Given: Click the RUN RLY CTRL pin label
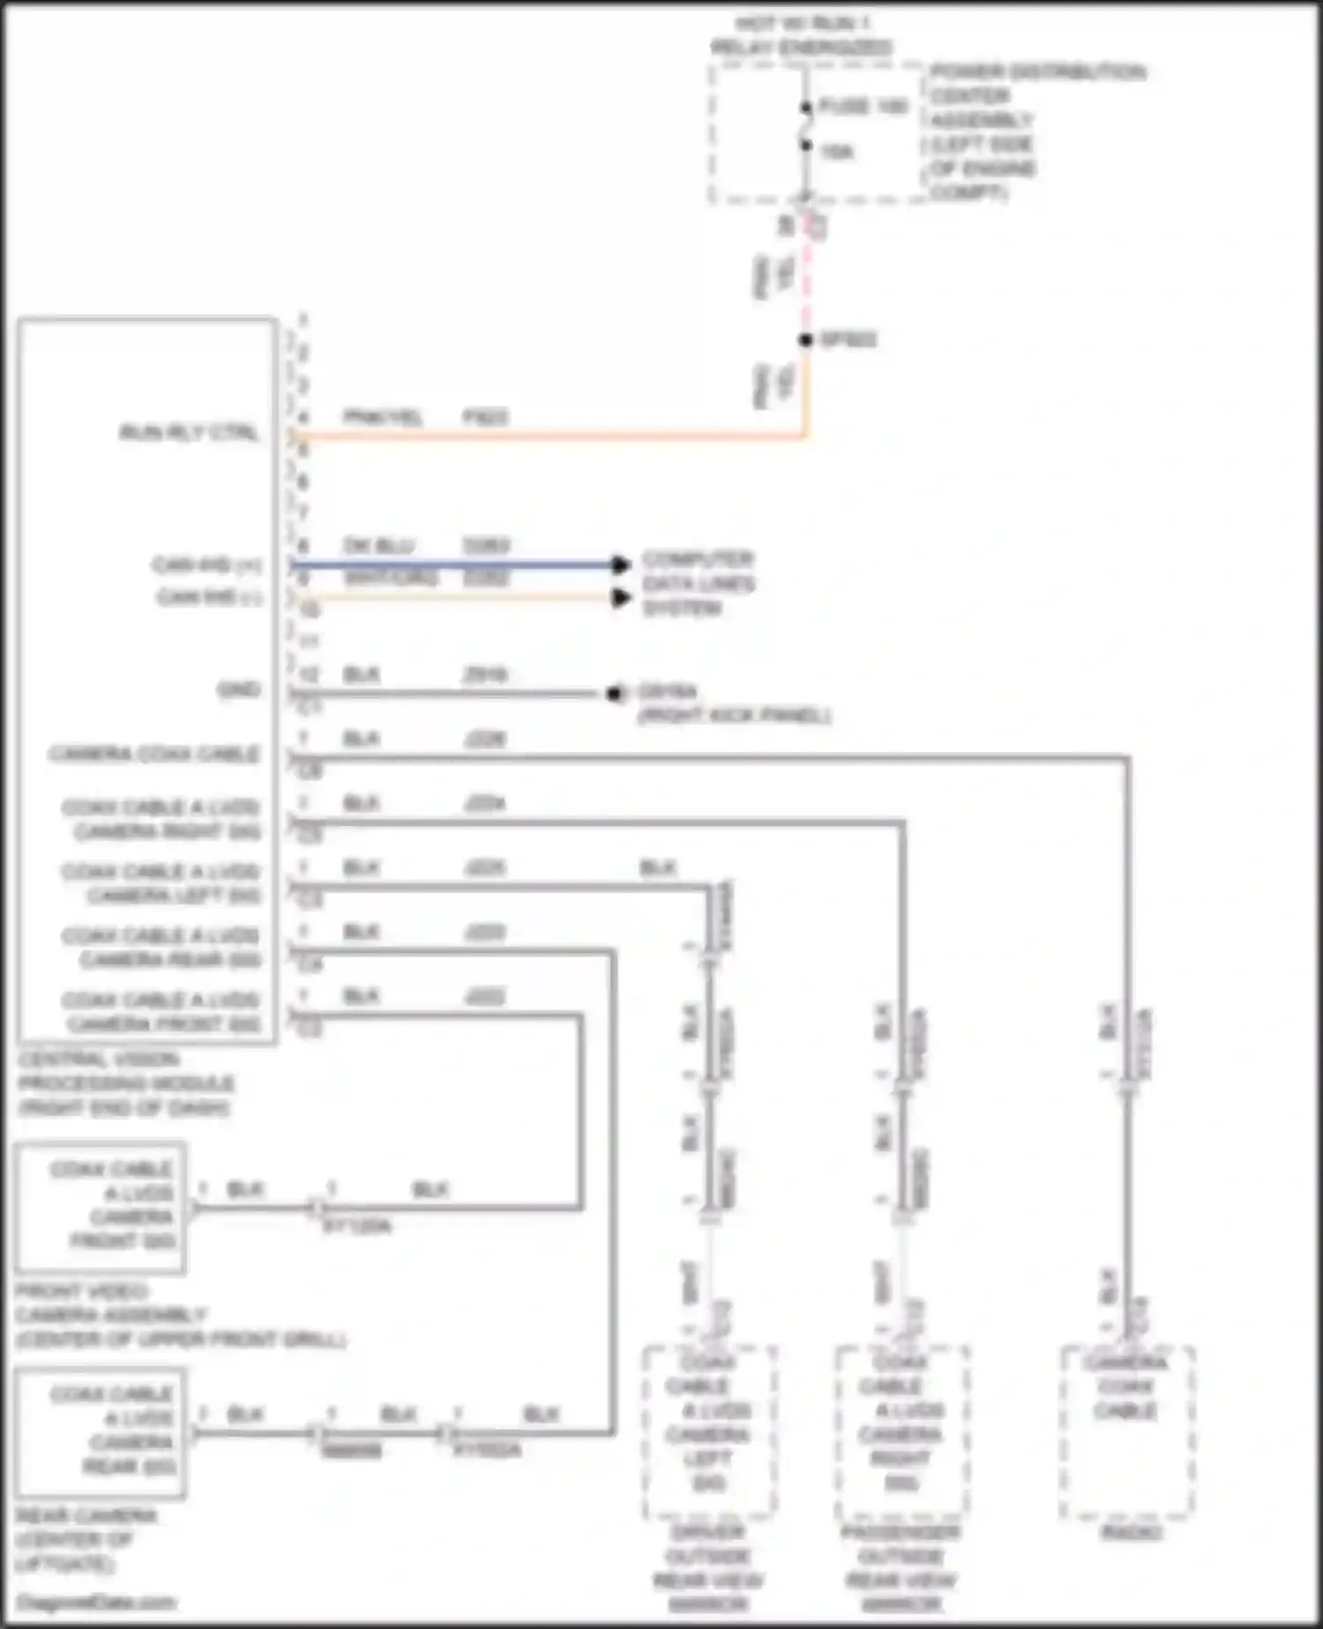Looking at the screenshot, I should pyautogui.click(x=189, y=432).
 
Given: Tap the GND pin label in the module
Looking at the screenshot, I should pyautogui.click(x=239, y=689).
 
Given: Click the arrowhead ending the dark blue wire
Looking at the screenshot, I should pyautogui.click(x=622, y=564).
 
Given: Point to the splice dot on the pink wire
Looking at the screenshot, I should pyautogui.click(x=805, y=340).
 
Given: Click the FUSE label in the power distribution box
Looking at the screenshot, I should pyautogui.click(x=863, y=107).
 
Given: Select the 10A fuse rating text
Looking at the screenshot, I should pyautogui.click(x=836, y=152).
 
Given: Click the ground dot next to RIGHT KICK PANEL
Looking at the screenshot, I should pyautogui.click(x=613, y=694).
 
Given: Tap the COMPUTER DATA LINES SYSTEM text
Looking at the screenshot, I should pyautogui.click(x=697, y=583).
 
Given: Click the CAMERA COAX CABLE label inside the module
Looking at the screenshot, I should pyautogui.click(x=154, y=754).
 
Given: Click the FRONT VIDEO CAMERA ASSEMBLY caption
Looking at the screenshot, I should pyautogui.click(x=110, y=1315).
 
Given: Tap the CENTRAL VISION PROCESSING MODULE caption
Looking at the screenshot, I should pyautogui.click(x=125, y=1083).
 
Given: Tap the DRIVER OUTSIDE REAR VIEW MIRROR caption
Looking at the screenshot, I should pyautogui.click(x=708, y=1567).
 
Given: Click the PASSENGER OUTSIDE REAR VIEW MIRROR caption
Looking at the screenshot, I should pyautogui.click(x=901, y=1567).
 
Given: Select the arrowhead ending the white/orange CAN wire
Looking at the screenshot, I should pyautogui.click(x=622, y=597).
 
